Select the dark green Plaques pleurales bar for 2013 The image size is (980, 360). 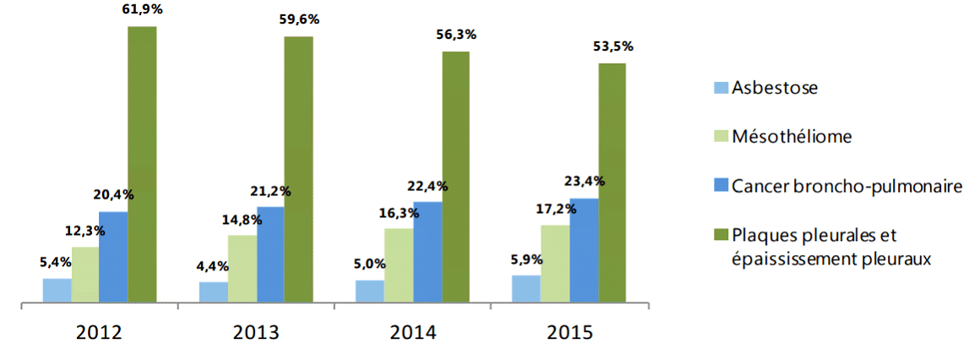click(x=298, y=169)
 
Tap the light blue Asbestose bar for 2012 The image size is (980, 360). click(x=57, y=290)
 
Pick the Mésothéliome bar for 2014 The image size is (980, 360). click(x=399, y=265)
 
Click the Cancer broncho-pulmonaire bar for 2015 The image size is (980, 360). click(x=584, y=250)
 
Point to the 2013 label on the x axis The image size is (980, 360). click(x=257, y=331)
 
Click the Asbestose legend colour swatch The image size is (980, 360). click(x=720, y=88)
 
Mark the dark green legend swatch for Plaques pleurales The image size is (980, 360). click(x=720, y=235)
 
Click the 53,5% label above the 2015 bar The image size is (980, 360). click(x=612, y=46)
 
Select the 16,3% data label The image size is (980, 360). click(x=399, y=214)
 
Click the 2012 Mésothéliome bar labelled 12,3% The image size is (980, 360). click(x=85, y=275)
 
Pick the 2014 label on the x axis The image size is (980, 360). click(x=412, y=331)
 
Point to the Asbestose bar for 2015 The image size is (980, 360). click(x=526, y=288)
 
